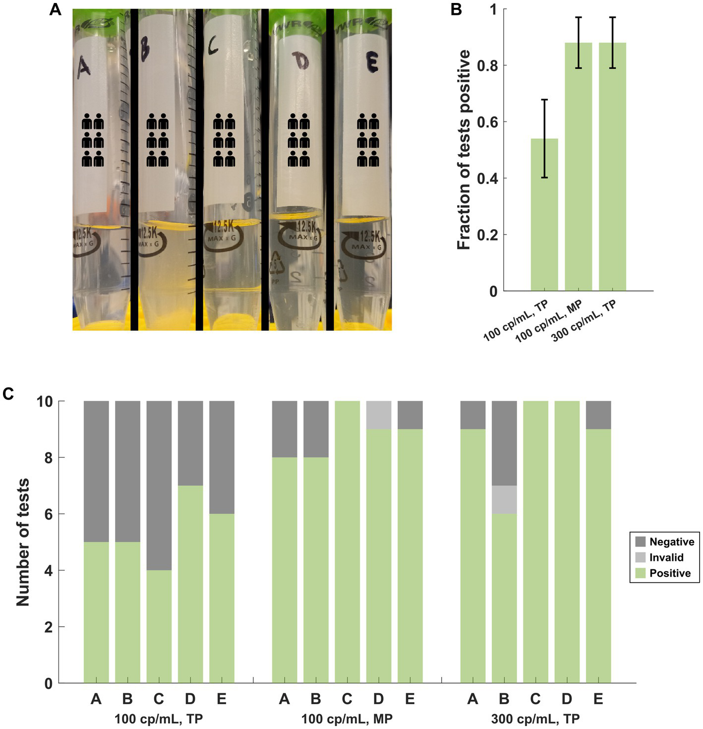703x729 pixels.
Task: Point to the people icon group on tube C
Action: pyautogui.click(x=224, y=140)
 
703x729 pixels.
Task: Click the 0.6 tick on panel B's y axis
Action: pyautogui.click(x=487, y=122)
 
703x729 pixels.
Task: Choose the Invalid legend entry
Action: pyautogui.click(x=666, y=557)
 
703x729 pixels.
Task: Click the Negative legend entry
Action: pyautogui.click(x=671, y=542)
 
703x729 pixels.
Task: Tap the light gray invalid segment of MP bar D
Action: pyautogui.click(x=379, y=415)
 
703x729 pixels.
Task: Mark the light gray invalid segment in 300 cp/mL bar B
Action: pyautogui.click(x=504, y=499)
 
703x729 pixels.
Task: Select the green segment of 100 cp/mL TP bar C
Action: pyautogui.click(x=159, y=626)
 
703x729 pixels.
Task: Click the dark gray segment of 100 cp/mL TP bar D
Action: pyautogui.click(x=190, y=443)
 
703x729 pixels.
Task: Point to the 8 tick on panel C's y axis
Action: pyautogui.click(x=48, y=457)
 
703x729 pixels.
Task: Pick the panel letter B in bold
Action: pyautogui.click(x=457, y=9)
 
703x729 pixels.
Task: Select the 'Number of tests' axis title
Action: pyautogui.click(x=23, y=542)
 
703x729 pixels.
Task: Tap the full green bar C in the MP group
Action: pyautogui.click(x=347, y=542)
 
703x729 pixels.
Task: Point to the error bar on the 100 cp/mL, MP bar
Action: pyautogui.click(x=578, y=43)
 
